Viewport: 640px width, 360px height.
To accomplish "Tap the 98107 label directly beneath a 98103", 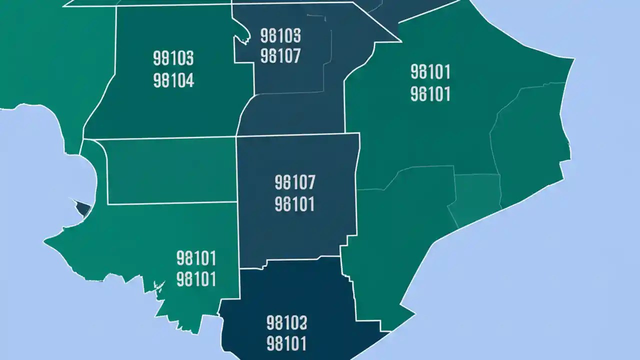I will (280, 56).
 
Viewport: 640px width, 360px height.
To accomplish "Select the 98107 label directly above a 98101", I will (295, 182).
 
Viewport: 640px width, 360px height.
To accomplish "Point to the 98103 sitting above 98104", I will (173, 58).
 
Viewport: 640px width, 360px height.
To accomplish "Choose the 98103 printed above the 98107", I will (280, 35).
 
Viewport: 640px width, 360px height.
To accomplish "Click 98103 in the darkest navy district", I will (287, 323).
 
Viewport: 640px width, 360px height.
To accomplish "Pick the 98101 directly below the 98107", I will (295, 204).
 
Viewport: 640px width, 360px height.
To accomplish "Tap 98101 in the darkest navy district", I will (287, 344).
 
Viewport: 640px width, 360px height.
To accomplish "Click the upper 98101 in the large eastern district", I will (430, 72).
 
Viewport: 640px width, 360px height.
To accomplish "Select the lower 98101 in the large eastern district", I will (430, 93).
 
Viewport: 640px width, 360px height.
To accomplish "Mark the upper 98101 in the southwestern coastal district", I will (196, 258).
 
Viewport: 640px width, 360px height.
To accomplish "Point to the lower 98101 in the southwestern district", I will (196, 279).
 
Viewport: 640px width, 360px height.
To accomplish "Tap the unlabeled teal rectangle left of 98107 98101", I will (170, 171).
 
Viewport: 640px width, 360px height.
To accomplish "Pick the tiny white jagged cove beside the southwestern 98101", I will (159, 287).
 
